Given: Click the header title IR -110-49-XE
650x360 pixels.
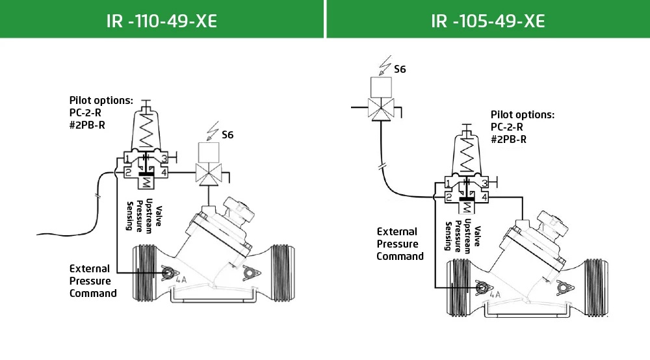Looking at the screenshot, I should pyautogui.click(x=161, y=21).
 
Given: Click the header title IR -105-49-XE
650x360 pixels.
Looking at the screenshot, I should pyautogui.click(x=487, y=21).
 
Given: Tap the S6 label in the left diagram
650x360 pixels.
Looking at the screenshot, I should pyautogui.click(x=227, y=135).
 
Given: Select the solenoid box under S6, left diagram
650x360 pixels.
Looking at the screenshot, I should pyautogui.click(x=210, y=153).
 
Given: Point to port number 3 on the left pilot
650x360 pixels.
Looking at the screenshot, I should pyautogui.click(x=165, y=159).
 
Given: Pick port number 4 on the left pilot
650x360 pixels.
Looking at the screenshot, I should pyautogui.click(x=165, y=172).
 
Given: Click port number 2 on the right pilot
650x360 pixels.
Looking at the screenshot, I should pyautogui.click(x=448, y=197).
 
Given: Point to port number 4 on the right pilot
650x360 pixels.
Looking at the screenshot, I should pyautogui.click(x=485, y=197).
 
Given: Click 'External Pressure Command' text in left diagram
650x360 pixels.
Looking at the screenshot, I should pyautogui.click(x=93, y=281).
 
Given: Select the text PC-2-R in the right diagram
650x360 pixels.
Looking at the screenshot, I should pyautogui.click(x=507, y=127).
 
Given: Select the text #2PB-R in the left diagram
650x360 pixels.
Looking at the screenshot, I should pyautogui.click(x=88, y=122).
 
